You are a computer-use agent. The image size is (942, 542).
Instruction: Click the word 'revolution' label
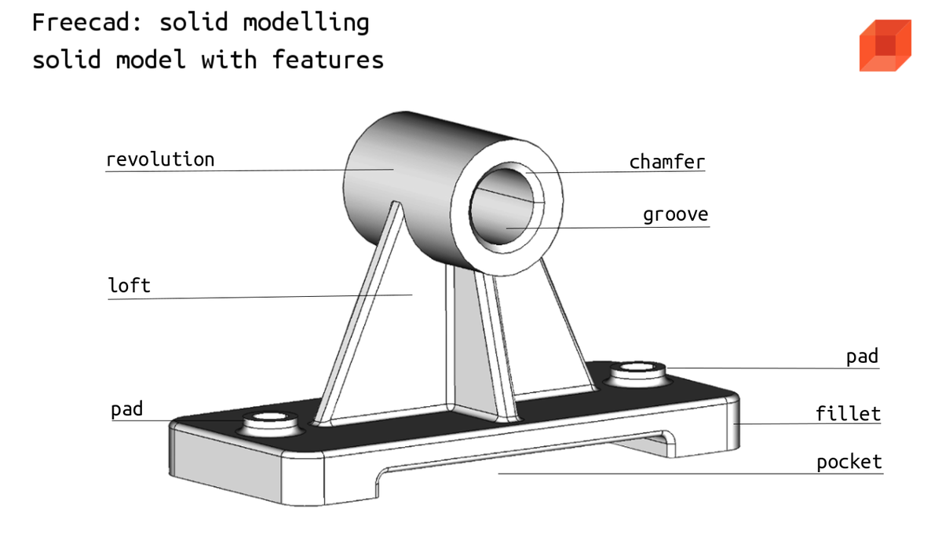pyautogui.click(x=160, y=160)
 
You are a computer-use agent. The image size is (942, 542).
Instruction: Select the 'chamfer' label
pyautogui.click(x=667, y=162)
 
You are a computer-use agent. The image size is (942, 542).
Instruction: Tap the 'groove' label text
pyautogui.click(x=676, y=215)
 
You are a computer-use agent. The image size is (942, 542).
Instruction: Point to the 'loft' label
pyautogui.click(x=129, y=285)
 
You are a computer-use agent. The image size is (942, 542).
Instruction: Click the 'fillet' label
pyautogui.click(x=848, y=413)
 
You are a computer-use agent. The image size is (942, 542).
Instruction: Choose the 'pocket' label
pyautogui.click(x=849, y=462)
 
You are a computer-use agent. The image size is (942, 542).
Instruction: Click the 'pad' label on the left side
pyautogui.click(x=127, y=409)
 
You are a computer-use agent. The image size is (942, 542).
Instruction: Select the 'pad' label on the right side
pyautogui.click(x=862, y=357)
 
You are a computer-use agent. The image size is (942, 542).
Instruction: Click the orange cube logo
pyautogui.click(x=885, y=46)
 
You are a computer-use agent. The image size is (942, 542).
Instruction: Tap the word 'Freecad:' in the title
pyautogui.click(x=87, y=22)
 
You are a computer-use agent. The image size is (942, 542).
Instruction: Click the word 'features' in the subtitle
pyautogui.click(x=327, y=60)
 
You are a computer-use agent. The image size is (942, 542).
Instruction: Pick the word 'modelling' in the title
pyautogui.click(x=306, y=23)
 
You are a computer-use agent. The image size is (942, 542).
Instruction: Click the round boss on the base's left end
pyautogui.click(x=270, y=423)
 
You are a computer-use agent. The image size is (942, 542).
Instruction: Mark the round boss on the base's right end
pyautogui.click(x=637, y=374)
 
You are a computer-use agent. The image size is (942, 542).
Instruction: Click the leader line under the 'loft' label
pyautogui.click(x=260, y=297)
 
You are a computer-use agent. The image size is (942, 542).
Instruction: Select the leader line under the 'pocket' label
pyautogui.click(x=691, y=474)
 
